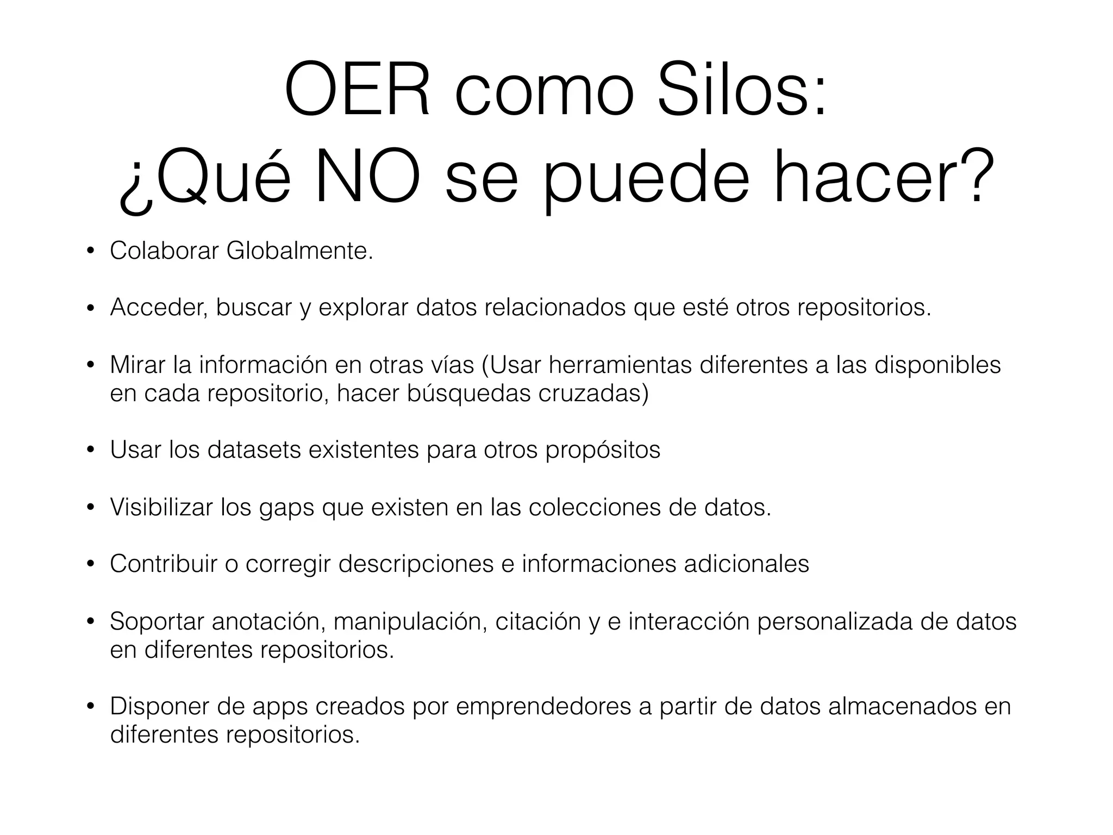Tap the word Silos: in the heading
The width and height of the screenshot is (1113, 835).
[x=742, y=90]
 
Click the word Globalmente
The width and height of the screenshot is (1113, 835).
[x=299, y=251]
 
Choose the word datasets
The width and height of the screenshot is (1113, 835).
[x=254, y=450]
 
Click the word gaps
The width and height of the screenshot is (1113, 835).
[x=286, y=508]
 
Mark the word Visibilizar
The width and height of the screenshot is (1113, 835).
[x=161, y=507]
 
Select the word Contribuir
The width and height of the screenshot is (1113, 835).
[x=164, y=564]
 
